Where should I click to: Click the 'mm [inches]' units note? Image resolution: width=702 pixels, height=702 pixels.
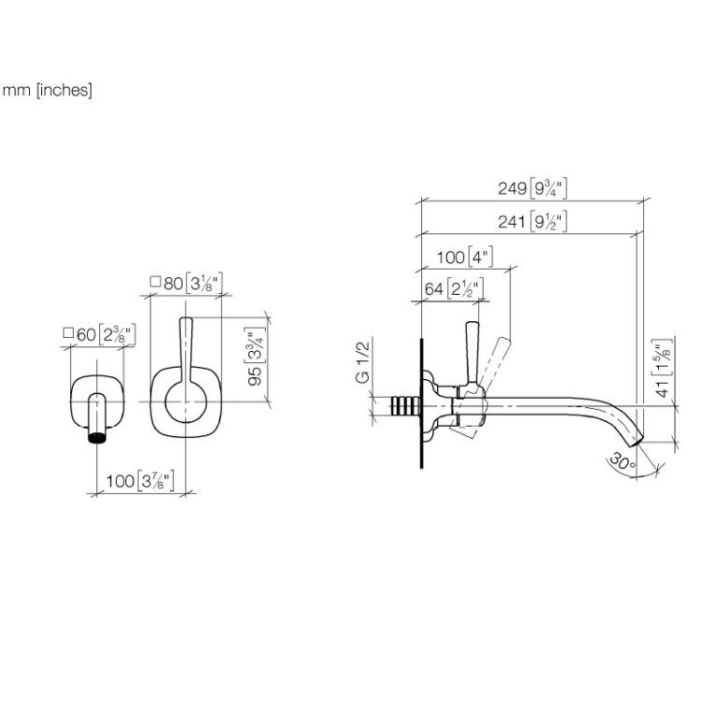click(47, 91)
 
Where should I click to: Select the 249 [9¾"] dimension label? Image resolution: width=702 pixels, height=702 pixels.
click(533, 188)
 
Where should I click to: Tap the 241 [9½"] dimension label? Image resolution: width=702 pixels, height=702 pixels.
click(533, 221)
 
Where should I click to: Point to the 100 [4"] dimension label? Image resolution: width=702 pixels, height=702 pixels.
click(464, 257)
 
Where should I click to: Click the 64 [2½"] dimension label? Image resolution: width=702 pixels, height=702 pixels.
click(454, 289)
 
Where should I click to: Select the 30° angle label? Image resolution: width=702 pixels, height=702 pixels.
click(622, 461)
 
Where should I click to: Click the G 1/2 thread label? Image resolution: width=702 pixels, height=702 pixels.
click(363, 362)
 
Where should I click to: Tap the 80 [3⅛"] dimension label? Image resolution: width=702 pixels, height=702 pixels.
click(186, 283)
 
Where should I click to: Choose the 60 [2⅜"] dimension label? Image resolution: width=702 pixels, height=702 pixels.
click(99, 334)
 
